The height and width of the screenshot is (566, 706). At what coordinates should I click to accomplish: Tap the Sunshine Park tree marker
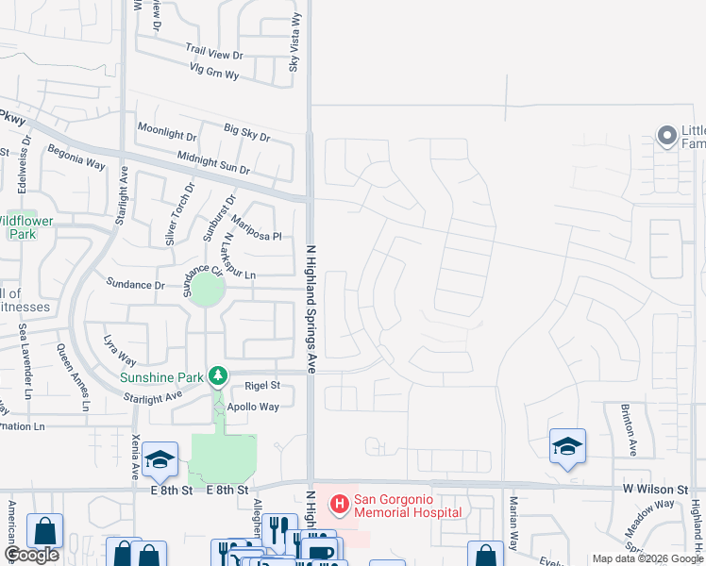(218, 377)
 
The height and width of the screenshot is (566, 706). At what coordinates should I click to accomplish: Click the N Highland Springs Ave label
(309, 303)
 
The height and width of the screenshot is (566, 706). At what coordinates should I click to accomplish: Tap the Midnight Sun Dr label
(213, 163)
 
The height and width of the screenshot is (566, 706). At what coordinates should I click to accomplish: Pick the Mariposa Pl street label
(257, 228)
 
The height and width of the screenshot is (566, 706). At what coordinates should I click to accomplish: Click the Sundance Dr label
(135, 284)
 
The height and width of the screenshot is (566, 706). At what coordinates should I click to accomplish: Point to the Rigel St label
(262, 386)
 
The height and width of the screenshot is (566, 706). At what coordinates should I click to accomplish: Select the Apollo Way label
(257, 407)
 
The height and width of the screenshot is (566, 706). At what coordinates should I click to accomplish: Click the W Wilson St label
(654, 490)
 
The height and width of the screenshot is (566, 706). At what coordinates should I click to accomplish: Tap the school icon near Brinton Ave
(567, 445)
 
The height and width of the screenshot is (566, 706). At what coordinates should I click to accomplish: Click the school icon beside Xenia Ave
(160, 458)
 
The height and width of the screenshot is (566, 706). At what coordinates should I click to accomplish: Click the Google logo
(32, 555)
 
